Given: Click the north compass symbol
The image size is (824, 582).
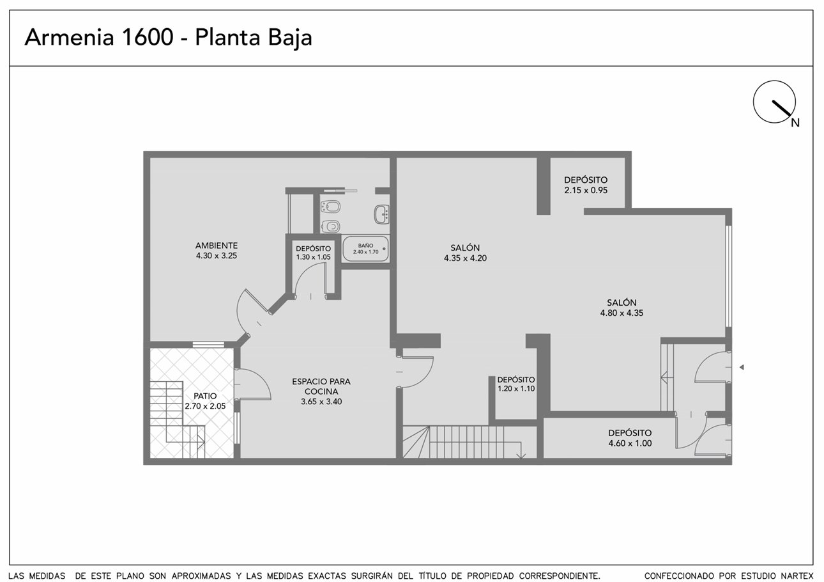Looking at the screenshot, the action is click(x=774, y=102).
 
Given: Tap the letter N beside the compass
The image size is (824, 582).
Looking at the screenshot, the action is click(x=795, y=123).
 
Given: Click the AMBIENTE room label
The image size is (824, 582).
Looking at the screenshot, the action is click(x=217, y=246).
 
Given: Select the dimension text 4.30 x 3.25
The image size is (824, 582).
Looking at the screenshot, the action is click(x=217, y=256).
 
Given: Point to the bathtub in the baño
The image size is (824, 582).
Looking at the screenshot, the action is click(x=365, y=249).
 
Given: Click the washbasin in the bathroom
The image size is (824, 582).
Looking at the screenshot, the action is click(x=382, y=214).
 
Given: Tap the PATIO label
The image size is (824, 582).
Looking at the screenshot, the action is click(x=205, y=396).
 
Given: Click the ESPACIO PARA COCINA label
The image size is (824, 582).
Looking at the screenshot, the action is click(x=321, y=386).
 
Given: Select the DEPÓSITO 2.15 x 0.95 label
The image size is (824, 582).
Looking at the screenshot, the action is click(x=586, y=185).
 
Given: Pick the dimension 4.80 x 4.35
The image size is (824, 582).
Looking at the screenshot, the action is click(x=622, y=313).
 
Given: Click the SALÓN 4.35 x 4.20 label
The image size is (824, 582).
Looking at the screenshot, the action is click(x=466, y=253).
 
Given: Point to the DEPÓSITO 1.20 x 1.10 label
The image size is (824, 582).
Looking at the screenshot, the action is click(x=516, y=384).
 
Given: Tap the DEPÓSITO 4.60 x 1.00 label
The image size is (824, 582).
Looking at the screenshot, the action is click(x=630, y=438).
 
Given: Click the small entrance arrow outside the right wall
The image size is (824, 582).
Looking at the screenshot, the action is click(x=742, y=367).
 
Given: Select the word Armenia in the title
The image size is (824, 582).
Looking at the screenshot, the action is click(x=70, y=37).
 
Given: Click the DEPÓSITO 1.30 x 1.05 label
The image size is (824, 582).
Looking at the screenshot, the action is click(x=314, y=253).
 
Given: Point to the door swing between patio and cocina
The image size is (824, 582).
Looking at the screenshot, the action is click(x=253, y=384).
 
